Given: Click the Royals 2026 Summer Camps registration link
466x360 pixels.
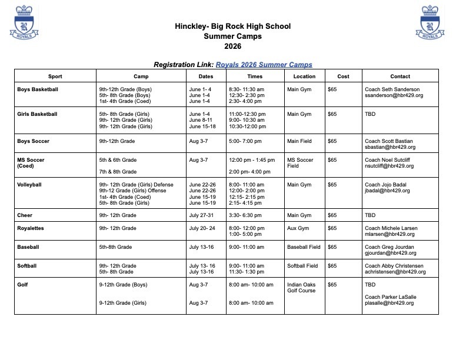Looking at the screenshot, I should pyautogui.click(x=264, y=64).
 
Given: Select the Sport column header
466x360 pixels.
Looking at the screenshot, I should pyautogui.click(x=55, y=76).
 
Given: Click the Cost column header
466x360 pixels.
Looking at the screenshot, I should pyautogui.click(x=343, y=76).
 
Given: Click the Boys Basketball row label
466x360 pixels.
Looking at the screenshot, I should pyautogui.click(x=38, y=89).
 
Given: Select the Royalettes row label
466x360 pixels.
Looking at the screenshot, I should pyautogui.click(x=31, y=228).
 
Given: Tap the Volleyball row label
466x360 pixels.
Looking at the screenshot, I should pyautogui.click(x=29, y=185).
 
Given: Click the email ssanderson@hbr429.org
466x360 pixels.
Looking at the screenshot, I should pyautogui.click(x=394, y=95).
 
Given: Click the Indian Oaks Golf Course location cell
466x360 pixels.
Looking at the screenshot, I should pyautogui.click(x=301, y=288).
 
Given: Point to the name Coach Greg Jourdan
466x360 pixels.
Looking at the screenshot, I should pyautogui.click(x=390, y=247).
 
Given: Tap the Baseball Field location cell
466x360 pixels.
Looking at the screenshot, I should pyautogui.click(x=304, y=247).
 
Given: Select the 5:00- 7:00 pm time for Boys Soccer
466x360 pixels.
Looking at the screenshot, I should pyautogui.click(x=245, y=141).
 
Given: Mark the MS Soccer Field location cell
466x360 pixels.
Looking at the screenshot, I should pyautogui.click(x=300, y=163).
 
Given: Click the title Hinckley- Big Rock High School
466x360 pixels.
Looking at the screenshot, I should pyautogui.click(x=232, y=26).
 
